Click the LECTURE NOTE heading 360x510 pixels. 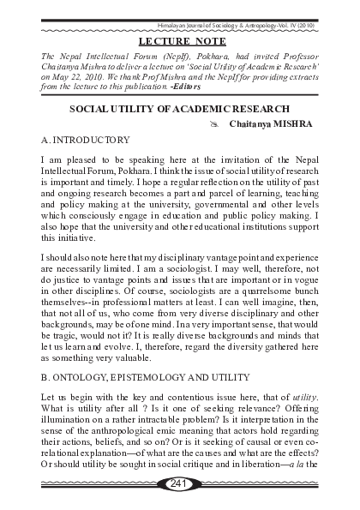click(178, 40)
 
